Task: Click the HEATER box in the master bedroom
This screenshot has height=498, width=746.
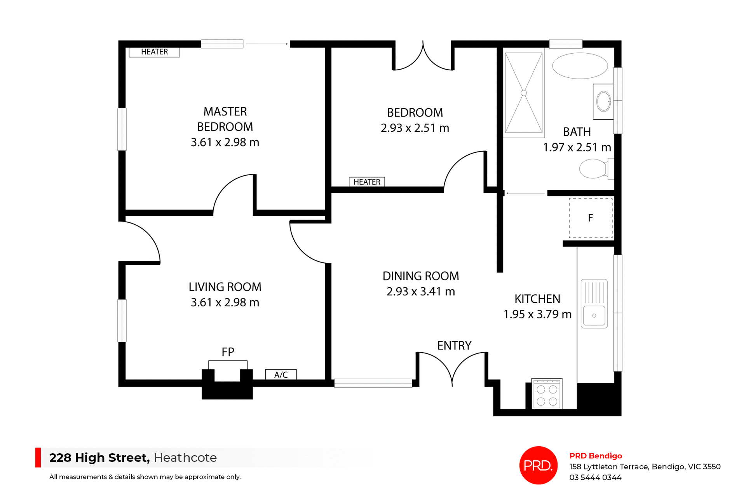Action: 154,52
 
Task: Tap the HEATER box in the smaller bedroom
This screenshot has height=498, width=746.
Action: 367,182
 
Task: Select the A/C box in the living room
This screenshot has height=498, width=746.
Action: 281,375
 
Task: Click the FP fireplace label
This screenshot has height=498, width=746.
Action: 228,352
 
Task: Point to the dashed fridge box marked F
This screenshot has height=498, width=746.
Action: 591,218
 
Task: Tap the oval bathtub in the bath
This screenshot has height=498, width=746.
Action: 580,66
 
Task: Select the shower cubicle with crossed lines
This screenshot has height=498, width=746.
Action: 523,93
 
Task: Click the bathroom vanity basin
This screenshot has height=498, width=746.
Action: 603,101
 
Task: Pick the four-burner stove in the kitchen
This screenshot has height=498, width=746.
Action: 547,394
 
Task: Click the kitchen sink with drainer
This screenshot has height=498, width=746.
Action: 594,304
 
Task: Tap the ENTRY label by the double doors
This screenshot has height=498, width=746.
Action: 454,346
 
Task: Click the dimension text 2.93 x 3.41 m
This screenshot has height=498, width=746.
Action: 420,292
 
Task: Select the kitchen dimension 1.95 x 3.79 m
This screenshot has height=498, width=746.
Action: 537,314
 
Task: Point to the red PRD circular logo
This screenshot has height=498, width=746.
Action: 538,465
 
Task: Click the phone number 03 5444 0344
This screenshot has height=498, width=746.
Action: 595,477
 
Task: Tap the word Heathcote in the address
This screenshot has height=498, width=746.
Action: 185,458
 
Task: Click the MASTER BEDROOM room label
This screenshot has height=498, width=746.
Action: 225,119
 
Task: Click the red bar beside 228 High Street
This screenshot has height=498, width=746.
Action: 38,458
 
